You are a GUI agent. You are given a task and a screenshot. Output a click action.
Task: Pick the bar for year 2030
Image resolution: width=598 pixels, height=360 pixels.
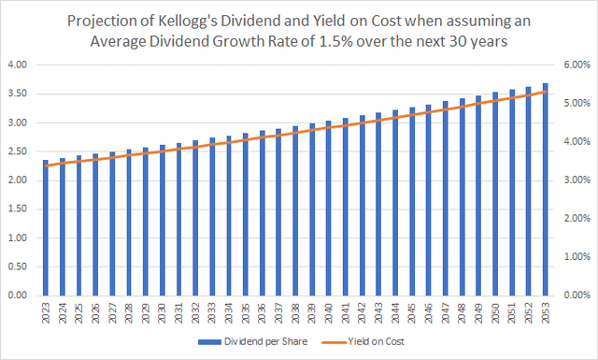[x=162, y=220]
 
